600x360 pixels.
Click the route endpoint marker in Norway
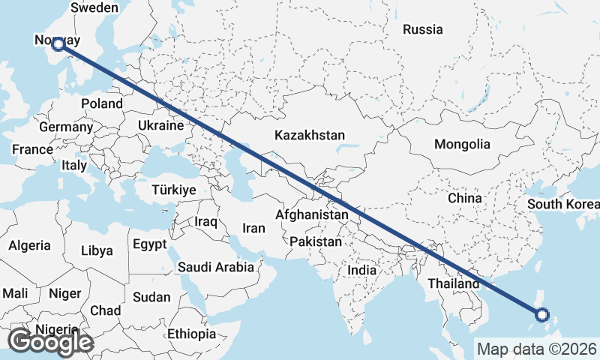[x=58, y=44]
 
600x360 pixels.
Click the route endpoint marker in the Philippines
[x=542, y=316]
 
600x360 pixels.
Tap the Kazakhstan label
[x=310, y=136]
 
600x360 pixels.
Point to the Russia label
[x=423, y=30]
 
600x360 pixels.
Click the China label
[x=463, y=199]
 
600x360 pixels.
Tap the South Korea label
[x=562, y=204]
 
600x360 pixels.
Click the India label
[x=362, y=270]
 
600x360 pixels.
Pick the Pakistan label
[x=316, y=242]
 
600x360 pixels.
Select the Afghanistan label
[x=312, y=215]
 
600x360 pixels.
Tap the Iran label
[x=254, y=228]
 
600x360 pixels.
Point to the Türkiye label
[x=173, y=190]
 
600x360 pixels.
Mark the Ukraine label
[x=160, y=125]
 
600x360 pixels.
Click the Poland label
[x=102, y=103]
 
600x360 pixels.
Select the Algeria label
[x=30, y=245]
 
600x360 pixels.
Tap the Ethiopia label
[x=191, y=333]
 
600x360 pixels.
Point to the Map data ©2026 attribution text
[x=537, y=349]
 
